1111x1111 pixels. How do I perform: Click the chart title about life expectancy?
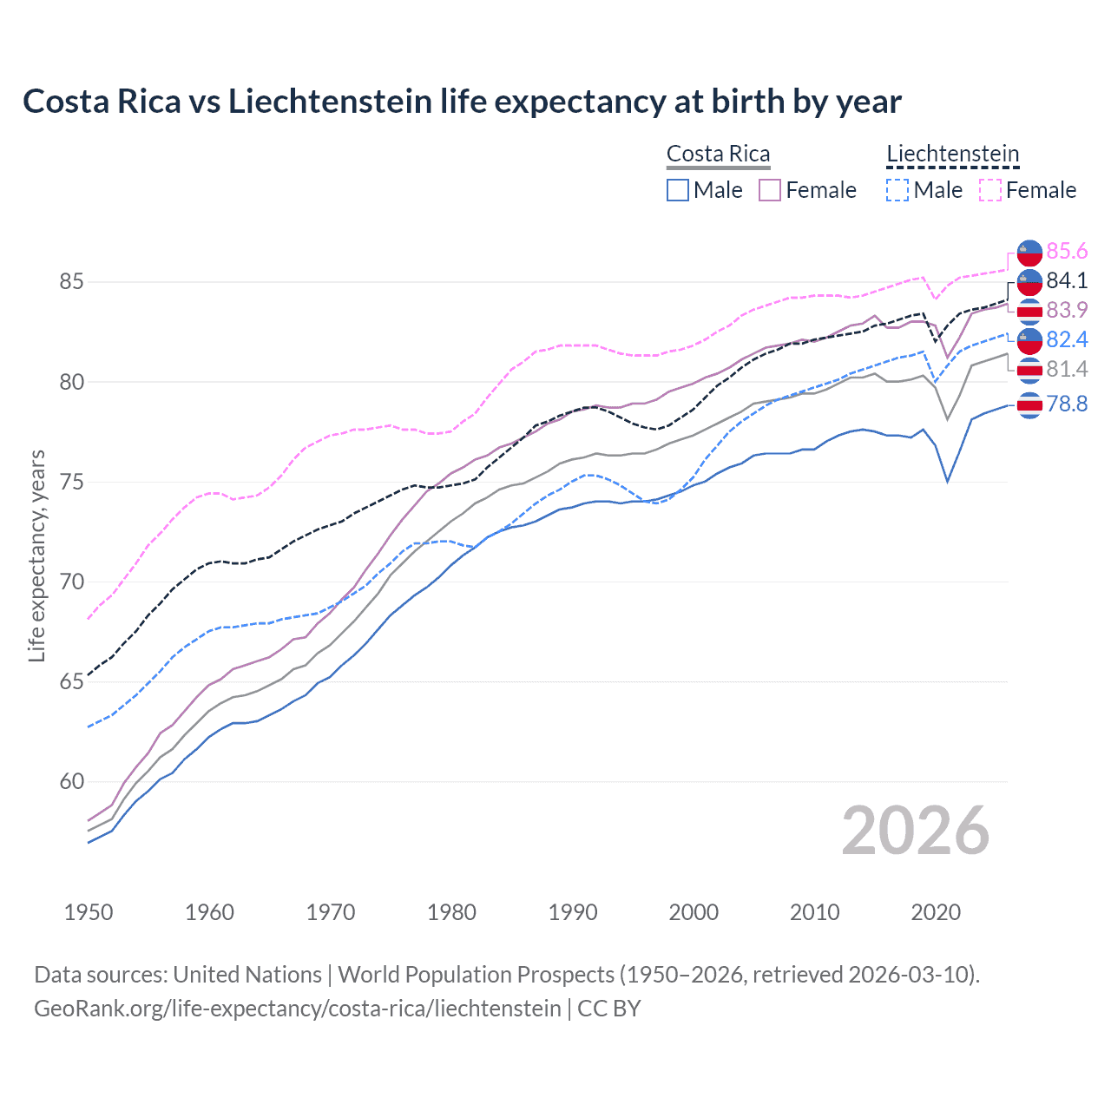pyautogui.click(x=462, y=102)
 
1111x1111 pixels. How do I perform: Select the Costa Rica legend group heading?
pyautogui.click(x=718, y=154)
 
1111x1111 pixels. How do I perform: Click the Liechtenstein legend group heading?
pyautogui.click(x=952, y=154)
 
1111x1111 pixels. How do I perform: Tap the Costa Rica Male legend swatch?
pyautogui.click(x=678, y=190)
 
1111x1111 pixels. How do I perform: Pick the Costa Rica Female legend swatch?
pyautogui.click(x=770, y=190)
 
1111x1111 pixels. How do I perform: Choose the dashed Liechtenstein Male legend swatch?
pyautogui.click(x=897, y=190)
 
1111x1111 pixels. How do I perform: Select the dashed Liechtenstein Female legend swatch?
pyautogui.click(x=990, y=190)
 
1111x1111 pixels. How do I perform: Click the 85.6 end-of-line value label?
pyautogui.click(x=1067, y=252)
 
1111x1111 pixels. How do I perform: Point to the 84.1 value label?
pyautogui.click(x=1067, y=281)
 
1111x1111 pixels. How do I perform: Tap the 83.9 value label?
pyautogui.click(x=1067, y=311)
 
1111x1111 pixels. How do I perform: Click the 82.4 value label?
pyautogui.click(x=1067, y=340)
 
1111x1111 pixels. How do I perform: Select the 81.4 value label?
pyautogui.click(x=1067, y=370)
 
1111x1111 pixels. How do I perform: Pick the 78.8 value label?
pyautogui.click(x=1067, y=404)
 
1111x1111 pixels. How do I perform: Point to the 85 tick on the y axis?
pyautogui.click(x=71, y=282)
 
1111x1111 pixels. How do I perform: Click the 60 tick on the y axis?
pyautogui.click(x=71, y=782)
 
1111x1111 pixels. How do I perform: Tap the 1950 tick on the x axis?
pyautogui.click(x=89, y=912)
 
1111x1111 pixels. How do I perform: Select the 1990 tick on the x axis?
pyautogui.click(x=573, y=912)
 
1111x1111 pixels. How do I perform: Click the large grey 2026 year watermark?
pyautogui.click(x=915, y=831)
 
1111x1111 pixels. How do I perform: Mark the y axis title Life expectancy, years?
pyautogui.click(x=37, y=555)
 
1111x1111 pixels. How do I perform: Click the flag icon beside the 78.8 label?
pyautogui.click(x=1029, y=404)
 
